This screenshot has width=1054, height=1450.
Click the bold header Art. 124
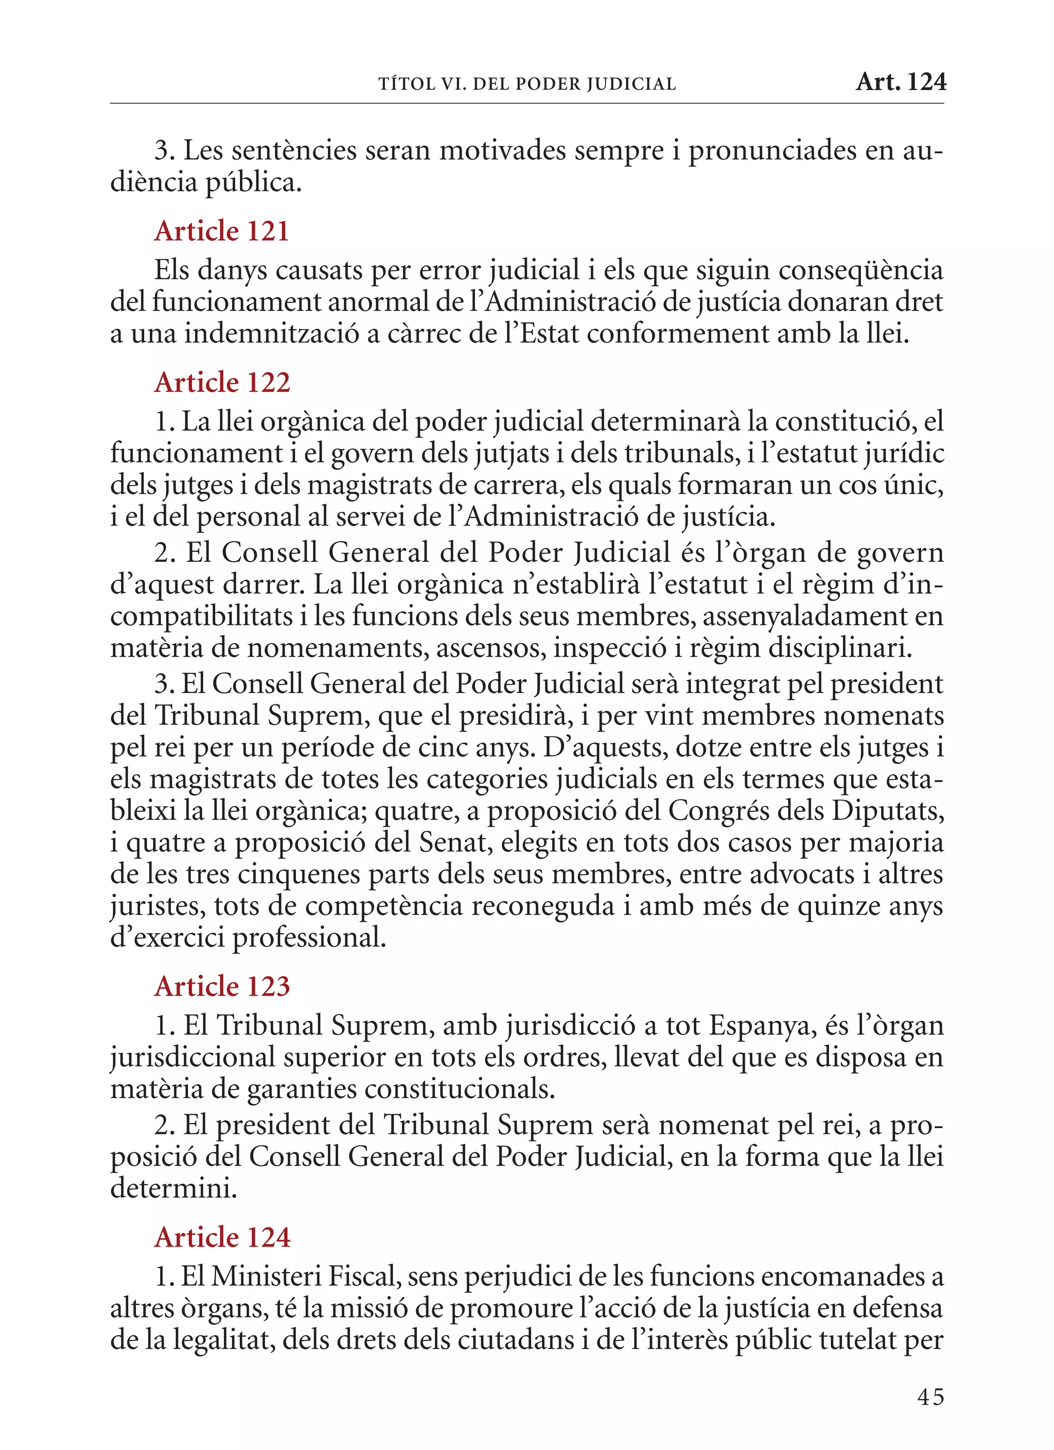click(901, 82)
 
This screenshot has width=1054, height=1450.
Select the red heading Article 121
click(222, 231)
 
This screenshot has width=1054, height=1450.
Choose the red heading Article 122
click(222, 382)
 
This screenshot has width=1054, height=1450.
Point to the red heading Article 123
click(222, 986)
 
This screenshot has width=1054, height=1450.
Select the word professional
click(309, 937)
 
